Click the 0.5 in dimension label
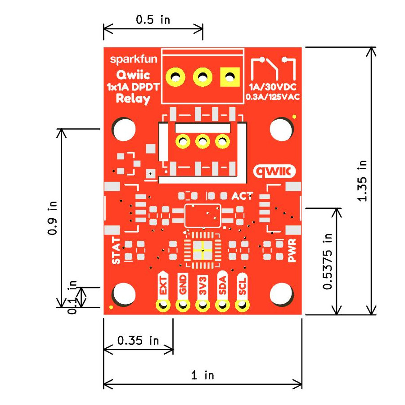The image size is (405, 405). coord(153,20)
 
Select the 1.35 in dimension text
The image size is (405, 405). coord(363,180)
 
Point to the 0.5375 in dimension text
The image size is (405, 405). coord(328,261)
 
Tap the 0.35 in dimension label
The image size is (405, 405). coord(138,340)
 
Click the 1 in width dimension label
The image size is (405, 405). coord(202,375)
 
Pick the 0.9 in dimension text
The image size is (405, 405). coord(52,218)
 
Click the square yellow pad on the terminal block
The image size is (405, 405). coord(229,77)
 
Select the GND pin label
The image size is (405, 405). coord(183,285)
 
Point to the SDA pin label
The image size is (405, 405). coord(222,285)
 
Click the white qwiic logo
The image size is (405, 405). coord(275,171)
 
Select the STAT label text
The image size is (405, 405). coord(116,250)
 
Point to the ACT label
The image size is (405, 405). coord(242,196)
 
